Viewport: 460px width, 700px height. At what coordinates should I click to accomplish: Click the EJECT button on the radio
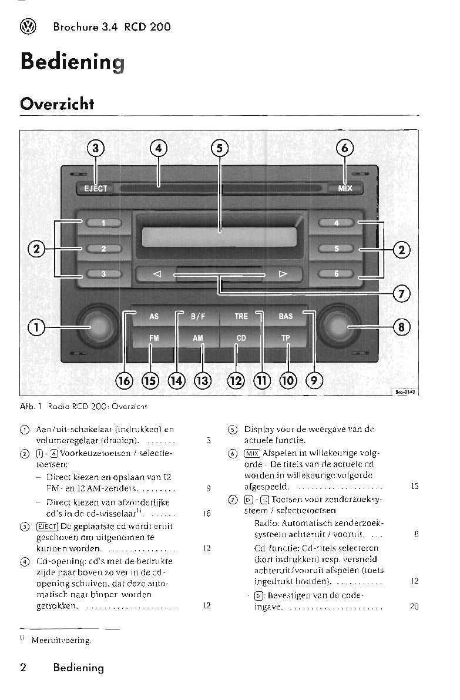coord(95,189)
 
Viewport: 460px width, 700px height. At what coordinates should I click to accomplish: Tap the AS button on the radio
coord(154,316)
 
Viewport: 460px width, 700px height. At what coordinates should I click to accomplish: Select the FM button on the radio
coord(154,338)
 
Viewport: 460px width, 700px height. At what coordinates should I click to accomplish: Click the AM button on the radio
coord(198,338)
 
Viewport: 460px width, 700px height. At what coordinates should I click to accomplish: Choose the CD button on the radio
coord(241,338)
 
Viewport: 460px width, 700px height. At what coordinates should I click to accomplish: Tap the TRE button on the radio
coord(241,316)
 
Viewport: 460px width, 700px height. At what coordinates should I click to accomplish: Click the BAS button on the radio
coord(286,316)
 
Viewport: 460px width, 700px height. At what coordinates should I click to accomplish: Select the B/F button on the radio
coord(198,316)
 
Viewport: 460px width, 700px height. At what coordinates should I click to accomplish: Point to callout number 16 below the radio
coord(125,380)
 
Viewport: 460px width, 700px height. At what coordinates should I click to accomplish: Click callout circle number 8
coord(402,326)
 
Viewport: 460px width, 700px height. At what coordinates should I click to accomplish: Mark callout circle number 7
coord(402,293)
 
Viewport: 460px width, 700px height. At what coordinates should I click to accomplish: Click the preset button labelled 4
coord(337,223)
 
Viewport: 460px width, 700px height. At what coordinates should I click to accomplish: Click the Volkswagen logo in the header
coord(28,26)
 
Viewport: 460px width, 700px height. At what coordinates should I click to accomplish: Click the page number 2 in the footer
coord(23,667)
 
